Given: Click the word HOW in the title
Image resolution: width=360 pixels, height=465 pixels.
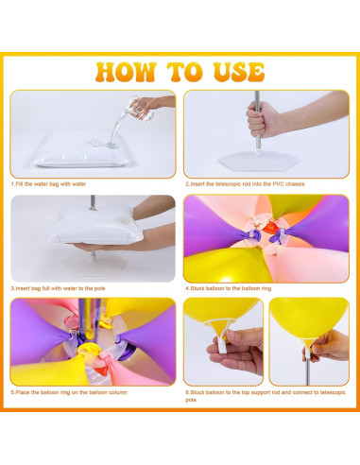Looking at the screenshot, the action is pos(126,72).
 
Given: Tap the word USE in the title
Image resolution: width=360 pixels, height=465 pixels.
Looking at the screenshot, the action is pos(239,72).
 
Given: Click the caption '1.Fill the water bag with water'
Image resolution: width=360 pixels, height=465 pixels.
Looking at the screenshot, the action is pos(49,184).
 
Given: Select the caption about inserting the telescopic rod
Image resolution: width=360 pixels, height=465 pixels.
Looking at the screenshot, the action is pos(245,184).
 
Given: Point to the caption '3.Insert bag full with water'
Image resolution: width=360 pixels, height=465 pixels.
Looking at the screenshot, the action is pos(59,288).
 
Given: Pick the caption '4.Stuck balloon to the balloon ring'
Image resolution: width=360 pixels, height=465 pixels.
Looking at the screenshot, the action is pos(229,288).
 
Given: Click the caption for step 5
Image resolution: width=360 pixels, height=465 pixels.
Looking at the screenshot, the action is pos(69,392).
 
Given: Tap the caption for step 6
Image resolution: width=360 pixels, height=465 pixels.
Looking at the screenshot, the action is pos(266,396).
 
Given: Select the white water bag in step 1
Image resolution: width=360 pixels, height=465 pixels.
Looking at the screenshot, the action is pos(82,150).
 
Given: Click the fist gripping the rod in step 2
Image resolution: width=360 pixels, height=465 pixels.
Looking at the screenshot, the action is pos(262,120).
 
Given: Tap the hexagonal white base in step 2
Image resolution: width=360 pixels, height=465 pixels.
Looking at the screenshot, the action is pos(258,162).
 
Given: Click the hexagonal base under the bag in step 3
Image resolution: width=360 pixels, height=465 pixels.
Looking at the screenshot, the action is pos(93,265).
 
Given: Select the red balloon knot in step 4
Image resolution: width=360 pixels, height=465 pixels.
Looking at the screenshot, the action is pos(270,227).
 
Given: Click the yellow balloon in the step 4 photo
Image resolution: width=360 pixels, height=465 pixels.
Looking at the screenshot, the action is pos(220,265).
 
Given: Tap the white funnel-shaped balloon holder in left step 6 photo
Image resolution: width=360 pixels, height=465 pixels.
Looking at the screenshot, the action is pos(220,333).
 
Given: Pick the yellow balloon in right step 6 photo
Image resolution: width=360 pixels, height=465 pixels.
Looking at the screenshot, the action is pos(309,317).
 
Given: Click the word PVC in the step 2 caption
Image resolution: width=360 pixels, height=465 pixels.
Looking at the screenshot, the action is pos(278,184).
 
